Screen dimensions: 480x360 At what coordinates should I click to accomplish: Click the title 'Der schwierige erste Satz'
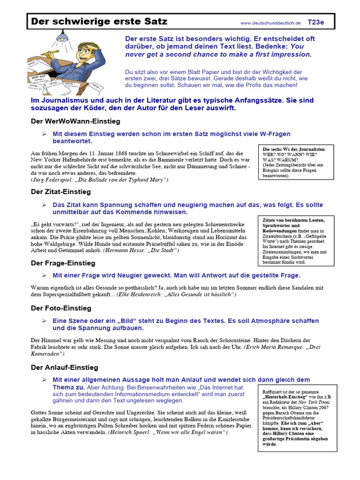click(99, 22)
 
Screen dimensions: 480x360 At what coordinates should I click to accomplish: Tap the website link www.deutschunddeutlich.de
click(270, 23)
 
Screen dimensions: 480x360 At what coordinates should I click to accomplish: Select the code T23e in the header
click(315, 22)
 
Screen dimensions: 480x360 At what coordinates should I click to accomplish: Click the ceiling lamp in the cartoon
click(60, 36)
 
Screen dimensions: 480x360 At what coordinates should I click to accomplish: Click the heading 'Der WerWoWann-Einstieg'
click(75, 121)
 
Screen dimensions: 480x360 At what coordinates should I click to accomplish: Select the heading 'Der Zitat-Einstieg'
click(61, 192)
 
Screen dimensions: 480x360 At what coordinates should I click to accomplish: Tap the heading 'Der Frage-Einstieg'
click(63, 263)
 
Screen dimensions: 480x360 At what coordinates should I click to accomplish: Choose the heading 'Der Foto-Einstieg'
click(61, 308)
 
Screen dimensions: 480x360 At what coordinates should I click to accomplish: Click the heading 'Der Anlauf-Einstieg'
click(65, 367)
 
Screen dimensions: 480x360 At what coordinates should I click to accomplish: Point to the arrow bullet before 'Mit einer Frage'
click(44, 275)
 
